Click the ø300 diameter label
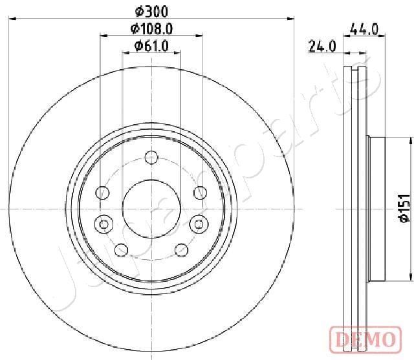tap(151, 11)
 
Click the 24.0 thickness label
tap(321, 45)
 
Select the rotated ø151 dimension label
tap(402, 209)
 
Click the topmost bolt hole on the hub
tap(151, 157)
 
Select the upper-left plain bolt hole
tap(103, 192)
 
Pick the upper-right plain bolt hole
tap(199, 192)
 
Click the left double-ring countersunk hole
tap(103, 224)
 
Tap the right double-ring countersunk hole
tap(199, 224)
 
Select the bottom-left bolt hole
tap(121, 249)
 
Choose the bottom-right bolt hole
tap(180, 249)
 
